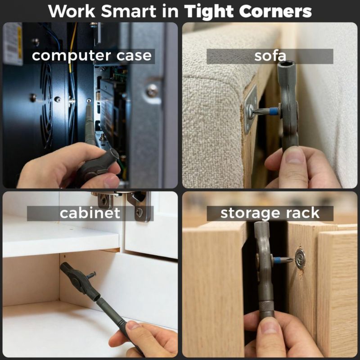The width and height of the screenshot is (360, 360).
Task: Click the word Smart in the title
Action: [129, 11]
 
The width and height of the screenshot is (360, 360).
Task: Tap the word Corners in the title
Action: [275, 11]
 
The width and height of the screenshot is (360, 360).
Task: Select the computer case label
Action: [92, 56]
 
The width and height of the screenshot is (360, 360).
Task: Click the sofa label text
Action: [270, 56]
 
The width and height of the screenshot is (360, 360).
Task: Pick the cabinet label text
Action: [90, 213]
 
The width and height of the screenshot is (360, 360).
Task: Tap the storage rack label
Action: [270, 213]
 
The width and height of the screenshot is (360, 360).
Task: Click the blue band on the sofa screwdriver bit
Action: [274, 112]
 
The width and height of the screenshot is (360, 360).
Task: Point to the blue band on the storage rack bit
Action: [277, 260]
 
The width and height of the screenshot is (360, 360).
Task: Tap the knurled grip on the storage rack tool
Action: [266, 306]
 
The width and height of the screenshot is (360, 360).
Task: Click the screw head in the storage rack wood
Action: [300, 258]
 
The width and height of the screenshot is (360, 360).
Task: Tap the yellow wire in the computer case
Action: [72, 46]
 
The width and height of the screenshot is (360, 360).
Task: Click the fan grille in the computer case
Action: [47, 105]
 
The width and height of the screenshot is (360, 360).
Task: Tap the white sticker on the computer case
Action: [13, 44]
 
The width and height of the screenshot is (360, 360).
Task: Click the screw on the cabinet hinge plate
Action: [139, 212]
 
